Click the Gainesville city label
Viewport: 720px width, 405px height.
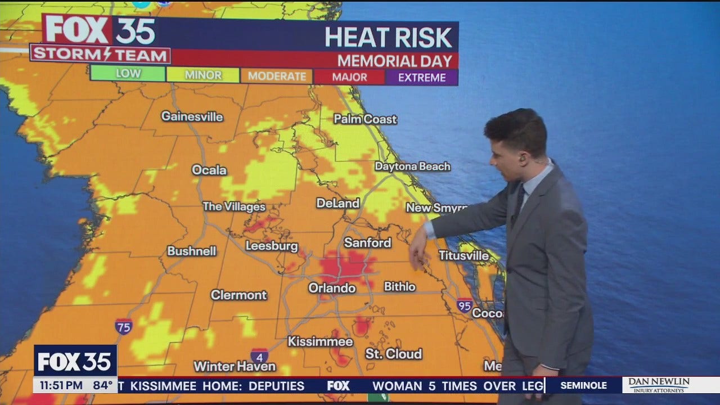pos(192,117)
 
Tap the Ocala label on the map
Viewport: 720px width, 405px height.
pos(209,170)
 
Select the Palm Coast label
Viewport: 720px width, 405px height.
pos(365,119)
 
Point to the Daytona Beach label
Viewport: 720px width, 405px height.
pos(412,166)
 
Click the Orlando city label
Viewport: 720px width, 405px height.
pos(332,288)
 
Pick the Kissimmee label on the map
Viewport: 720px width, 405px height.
pos(320,341)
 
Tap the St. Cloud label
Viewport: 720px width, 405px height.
pos(393,354)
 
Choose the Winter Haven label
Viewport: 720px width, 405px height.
pos(235,366)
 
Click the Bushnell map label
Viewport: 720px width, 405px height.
pos(192,251)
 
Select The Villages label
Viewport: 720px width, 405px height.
pos(233,206)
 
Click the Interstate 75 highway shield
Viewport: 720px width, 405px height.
pos(124,326)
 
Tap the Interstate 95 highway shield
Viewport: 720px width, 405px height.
pos(465,305)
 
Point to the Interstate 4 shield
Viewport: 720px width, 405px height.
pos(259,356)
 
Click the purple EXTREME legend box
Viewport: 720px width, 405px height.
pos(421,78)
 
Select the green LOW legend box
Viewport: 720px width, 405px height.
pos(128,74)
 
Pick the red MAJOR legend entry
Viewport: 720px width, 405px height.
pos(349,78)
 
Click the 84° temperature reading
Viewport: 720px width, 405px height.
pos(103,386)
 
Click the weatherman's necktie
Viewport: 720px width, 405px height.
pos(519,203)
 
